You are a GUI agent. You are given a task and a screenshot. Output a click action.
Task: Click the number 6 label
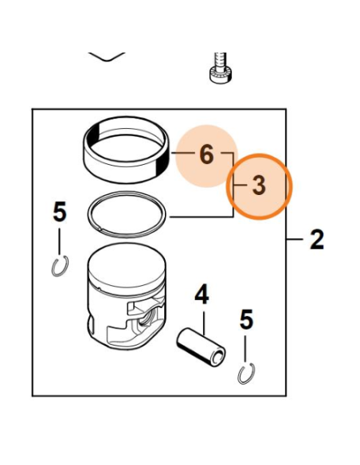point(206,154)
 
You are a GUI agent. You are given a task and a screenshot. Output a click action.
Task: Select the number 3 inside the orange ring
point(258,186)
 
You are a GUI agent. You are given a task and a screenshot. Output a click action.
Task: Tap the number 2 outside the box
point(316,239)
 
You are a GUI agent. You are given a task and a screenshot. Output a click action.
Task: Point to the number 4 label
point(202,295)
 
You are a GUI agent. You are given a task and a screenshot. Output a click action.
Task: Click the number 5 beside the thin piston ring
point(60,213)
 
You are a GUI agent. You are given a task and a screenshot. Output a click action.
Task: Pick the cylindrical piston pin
point(202,346)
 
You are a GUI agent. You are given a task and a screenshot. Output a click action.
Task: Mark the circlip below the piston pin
point(247,372)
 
